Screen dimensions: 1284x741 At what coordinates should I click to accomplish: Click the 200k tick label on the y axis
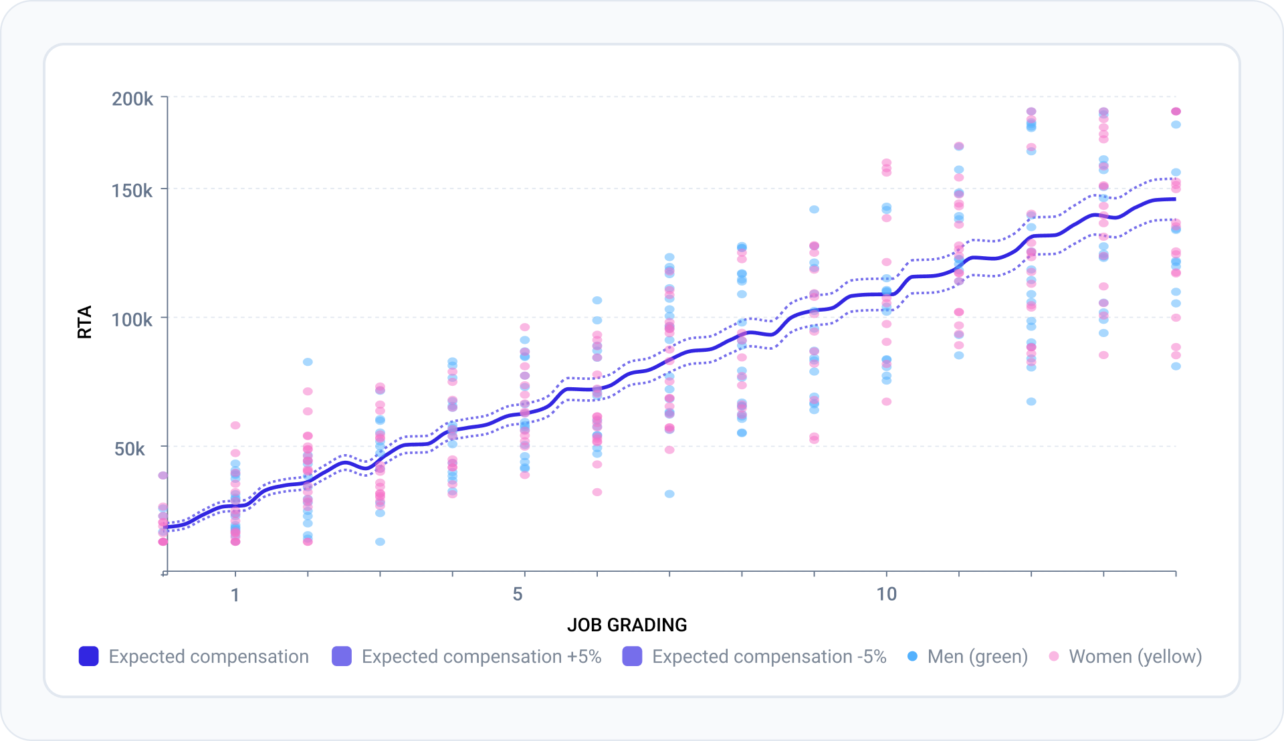[132, 99]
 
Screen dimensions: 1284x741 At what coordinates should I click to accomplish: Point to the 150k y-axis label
[132, 191]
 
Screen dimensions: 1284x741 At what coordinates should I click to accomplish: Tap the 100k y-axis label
[132, 320]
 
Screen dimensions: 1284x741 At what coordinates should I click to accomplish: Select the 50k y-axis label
[130, 449]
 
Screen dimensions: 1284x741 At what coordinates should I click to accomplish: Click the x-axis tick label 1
[235, 595]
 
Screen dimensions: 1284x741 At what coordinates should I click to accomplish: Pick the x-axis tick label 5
[518, 594]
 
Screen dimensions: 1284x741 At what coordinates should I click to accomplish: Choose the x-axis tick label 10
[887, 594]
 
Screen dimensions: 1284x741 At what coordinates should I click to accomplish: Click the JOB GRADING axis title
[627, 625]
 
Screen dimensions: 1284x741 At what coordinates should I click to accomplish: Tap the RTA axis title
[85, 322]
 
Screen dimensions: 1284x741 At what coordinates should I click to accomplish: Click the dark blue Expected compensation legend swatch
[89, 656]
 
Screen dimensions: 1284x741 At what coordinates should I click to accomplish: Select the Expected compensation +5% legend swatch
[342, 656]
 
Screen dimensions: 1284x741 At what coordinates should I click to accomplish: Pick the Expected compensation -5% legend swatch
[632, 656]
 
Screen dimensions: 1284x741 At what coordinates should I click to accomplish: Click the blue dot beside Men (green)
[912, 656]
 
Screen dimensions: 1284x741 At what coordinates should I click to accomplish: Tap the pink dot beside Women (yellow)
[1054, 656]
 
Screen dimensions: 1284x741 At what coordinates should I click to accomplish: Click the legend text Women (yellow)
[1136, 657]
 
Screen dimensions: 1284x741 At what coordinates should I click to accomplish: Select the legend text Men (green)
[978, 657]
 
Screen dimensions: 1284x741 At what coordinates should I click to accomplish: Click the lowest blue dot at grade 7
[669, 494]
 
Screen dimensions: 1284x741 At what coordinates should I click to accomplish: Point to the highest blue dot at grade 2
[308, 362]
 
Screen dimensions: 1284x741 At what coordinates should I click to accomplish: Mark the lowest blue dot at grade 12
[1031, 401]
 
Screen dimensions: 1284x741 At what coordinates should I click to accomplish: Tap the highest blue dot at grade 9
[815, 209]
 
